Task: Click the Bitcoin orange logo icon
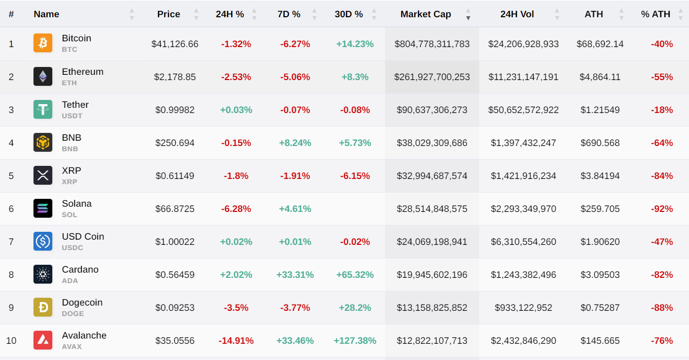(x=43, y=43)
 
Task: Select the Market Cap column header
(x=425, y=14)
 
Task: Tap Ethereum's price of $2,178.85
(x=175, y=77)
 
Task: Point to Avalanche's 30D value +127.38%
(x=355, y=341)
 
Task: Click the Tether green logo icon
(x=43, y=109)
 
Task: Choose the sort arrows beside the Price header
(x=196, y=14)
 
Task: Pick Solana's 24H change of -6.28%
(x=236, y=209)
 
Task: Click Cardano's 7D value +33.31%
(x=295, y=275)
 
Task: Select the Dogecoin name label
(x=82, y=302)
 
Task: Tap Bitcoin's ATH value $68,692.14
(x=600, y=44)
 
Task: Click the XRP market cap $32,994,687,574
(x=432, y=176)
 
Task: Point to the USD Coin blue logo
(x=43, y=241)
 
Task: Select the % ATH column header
(x=656, y=14)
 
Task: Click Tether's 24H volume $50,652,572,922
(x=523, y=110)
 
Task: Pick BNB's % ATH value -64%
(x=662, y=143)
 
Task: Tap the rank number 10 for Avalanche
(x=11, y=341)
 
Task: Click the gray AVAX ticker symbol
(x=72, y=346)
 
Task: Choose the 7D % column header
(x=289, y=14)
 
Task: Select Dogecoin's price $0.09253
(x=175, y=308)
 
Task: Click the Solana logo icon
(x=43, y=208)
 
